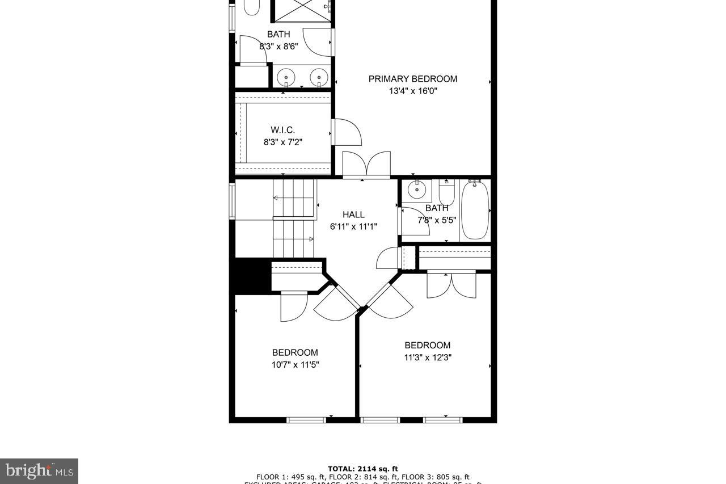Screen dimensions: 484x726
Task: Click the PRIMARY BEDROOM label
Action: pyautogui.click(x=412, y=79)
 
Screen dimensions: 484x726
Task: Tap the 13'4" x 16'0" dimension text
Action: pyautogui.click(x=412, y=91)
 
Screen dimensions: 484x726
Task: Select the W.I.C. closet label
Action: pyautogui.click(x=282, y=130)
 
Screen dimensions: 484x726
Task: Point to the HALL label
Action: pyautogui.click(x=353, y=214)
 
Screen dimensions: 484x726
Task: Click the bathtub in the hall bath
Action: pyautogui.click(x=474, y=210)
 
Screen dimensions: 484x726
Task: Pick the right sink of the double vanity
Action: pyautogui.click(x=319, y=77)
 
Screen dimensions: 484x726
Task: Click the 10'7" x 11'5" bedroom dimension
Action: pyautogui.click(x=295, y=365)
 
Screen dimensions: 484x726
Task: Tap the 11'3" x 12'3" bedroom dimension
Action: pyautogui.click(x=428, y=357)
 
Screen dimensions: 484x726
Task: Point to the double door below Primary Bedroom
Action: pyautogui.click(x=367, y=165)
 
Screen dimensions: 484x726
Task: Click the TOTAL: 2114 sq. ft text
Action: pyautogui.click(x=363, y=469)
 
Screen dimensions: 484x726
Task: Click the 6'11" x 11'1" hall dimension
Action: pyautogui.click(x=353, y=226)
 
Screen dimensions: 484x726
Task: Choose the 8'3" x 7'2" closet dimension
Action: pyautogui.click(x=282, y=142)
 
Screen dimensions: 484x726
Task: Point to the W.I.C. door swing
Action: pyautogui.click(x=347, y=132)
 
